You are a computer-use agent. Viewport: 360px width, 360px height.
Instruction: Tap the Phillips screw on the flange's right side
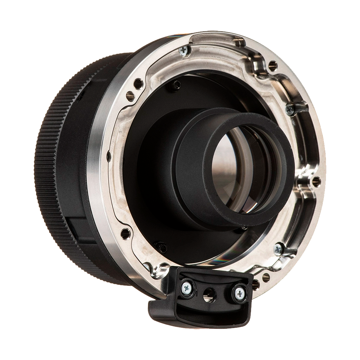click(290, 109)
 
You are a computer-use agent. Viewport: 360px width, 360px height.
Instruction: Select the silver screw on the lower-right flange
click(278, 249)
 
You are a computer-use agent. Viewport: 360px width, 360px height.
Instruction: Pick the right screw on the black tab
click(239, 292)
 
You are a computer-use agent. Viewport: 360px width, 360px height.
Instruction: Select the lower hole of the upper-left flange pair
click(130, 95)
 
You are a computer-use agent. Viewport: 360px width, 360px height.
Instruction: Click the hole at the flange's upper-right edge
click(272, 65)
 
